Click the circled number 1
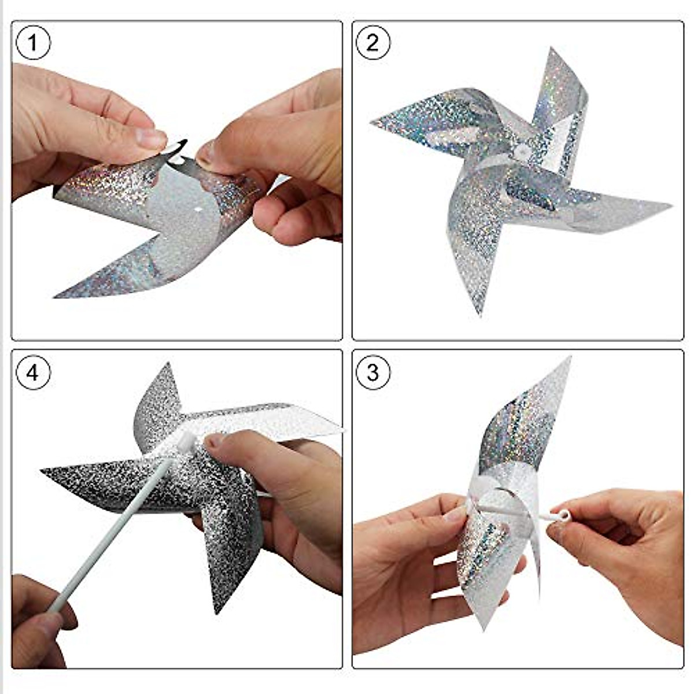pos(33,42)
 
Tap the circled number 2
pos(373,43)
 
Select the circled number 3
pos(373,372)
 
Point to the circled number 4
pos(33,372)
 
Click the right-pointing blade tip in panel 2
pos(671,206)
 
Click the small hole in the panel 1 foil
pos(198,209)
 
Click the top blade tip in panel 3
pos(570,358)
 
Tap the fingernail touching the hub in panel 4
pos(215,441)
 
